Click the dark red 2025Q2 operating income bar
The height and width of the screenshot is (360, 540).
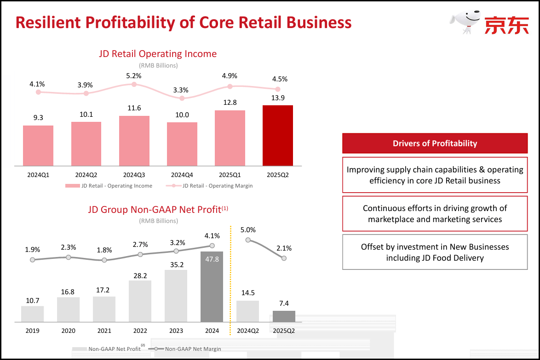277,136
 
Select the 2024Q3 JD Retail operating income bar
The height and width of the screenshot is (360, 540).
134,141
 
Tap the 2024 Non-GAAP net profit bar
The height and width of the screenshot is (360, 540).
212,287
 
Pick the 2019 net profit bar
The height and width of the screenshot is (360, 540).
33,314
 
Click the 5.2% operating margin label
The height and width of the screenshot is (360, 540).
134,76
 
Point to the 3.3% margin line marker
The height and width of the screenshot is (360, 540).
182,98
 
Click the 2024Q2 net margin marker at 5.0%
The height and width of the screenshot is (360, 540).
248,240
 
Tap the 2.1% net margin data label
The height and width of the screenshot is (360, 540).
284,248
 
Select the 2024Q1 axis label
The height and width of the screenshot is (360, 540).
38,175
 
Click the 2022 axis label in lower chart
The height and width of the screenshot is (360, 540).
140,331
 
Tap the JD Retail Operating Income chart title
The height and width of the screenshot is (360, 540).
158,54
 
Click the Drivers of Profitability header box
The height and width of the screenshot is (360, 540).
435,143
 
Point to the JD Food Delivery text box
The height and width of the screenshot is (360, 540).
435,252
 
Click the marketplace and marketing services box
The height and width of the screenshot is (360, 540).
435,214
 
